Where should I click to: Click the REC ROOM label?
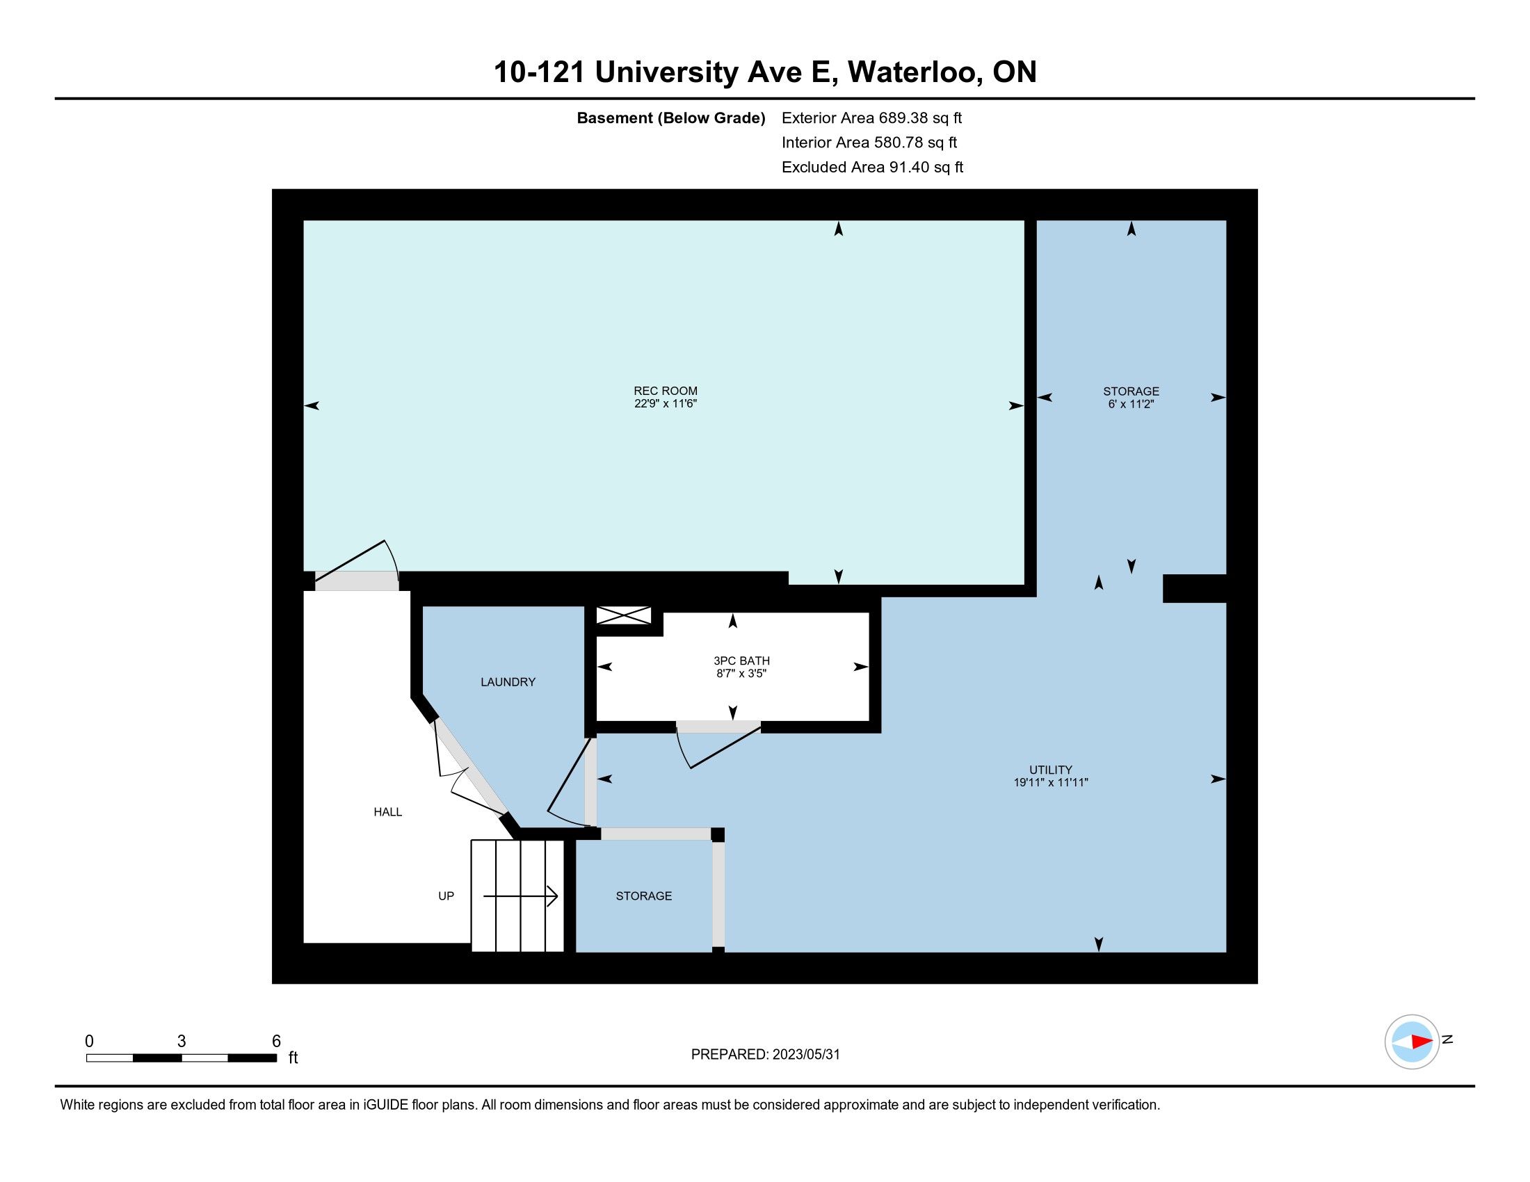coord(666,391)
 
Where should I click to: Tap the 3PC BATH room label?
coord(741,661)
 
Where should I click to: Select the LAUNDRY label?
coord(508,682)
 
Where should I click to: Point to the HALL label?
coord(387,812)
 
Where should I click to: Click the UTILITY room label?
coord(1051,770)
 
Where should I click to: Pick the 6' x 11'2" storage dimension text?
coord(1131,404)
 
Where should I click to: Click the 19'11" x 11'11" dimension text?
coord(1051,782)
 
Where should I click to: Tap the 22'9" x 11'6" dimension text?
coord(666,403)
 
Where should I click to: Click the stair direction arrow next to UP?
coord(520,896)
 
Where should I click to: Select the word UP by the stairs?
coord(446,896)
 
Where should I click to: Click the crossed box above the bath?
coord(623,615)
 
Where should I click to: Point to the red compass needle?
coord(1422,1042)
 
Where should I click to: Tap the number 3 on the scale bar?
coord(182,1042)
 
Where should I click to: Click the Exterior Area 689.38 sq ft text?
coord(871,118)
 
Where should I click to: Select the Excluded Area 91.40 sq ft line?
coord(872,167)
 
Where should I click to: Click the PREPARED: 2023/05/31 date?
coord(765,1055)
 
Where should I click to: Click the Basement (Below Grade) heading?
coord(670,118)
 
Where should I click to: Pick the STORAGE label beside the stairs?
coord(644,896)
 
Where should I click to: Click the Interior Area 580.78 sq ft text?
coord(869,142)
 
